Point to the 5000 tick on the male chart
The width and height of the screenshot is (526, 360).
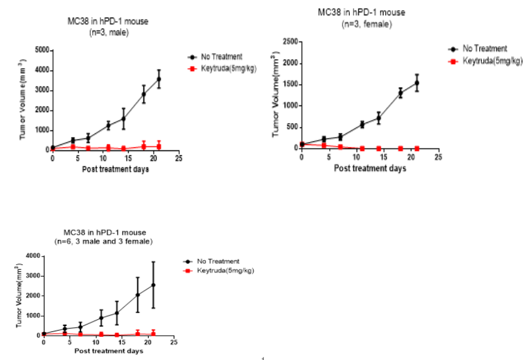[40, 49]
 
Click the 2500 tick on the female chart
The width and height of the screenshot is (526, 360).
[290, 41]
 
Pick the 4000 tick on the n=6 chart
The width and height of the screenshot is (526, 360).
[31, 256]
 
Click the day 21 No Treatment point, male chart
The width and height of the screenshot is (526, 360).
[159, 79]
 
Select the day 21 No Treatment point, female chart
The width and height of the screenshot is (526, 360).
[418, 83]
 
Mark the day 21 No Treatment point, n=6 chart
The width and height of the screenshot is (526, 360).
[154, 284]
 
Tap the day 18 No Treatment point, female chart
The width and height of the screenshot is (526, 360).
[400, 93]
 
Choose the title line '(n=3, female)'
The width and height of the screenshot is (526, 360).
[366, 24]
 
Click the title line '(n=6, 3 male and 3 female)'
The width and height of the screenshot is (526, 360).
[103, 241]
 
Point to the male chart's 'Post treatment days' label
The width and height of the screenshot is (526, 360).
[115, 169]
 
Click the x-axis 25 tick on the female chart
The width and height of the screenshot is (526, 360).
[438, 157]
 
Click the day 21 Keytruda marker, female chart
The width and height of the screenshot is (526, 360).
[418, 148]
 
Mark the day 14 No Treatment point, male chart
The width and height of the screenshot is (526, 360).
[123, 118]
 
